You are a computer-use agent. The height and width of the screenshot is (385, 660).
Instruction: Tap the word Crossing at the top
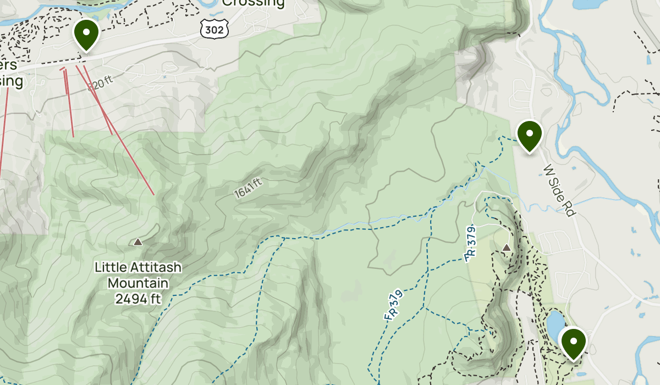tap(254, 3)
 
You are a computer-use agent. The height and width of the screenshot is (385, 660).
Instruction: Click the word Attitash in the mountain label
tap(155, 268)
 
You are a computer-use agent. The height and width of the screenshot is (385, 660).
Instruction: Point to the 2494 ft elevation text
tap(137, 299)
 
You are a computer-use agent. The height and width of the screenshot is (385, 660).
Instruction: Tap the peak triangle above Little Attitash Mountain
tap(137, 241)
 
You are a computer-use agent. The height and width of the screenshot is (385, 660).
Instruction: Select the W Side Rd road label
tap(559, 190)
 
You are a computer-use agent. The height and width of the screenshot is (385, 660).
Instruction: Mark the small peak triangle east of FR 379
tap(507, 248)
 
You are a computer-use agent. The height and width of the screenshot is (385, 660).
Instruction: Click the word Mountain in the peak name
tap(137, 283)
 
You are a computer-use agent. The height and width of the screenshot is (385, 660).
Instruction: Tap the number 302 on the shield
tap(215, 30)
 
